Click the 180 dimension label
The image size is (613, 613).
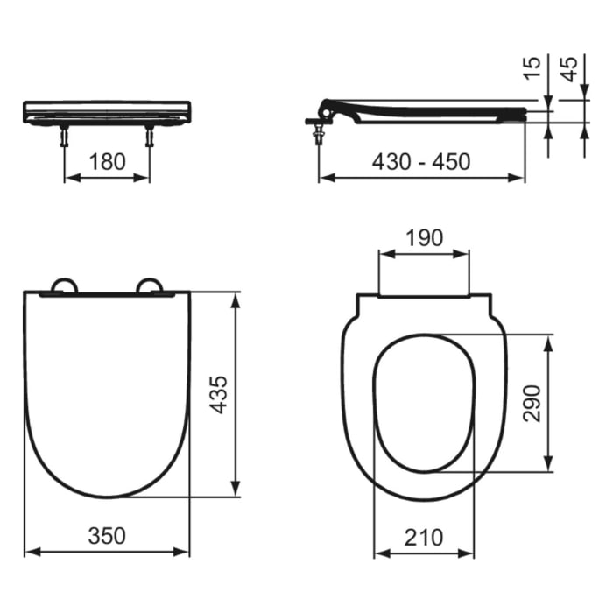click(107, 161)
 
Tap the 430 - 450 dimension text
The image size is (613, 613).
click(421, 161)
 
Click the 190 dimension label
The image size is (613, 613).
click(423, 237)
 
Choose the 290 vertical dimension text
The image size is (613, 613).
click(532, 403)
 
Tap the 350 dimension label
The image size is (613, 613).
click(106, 535)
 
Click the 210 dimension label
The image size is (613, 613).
click(424, 536)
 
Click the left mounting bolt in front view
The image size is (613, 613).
click(65, 136)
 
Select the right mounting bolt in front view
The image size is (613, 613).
click(149, 136)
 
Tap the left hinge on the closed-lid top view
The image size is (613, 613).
click(64, 285)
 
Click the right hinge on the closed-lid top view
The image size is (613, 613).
click(150, 285)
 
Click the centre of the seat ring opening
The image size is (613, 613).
click(424, 403)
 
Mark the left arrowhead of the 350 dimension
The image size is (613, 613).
click(28, 552)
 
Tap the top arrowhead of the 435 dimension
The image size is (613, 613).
click(235, 299)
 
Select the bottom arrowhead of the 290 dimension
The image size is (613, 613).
click(548, 467)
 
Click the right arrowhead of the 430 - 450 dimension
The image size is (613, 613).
click(521, 178)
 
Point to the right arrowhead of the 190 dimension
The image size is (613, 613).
click(466, 255)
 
